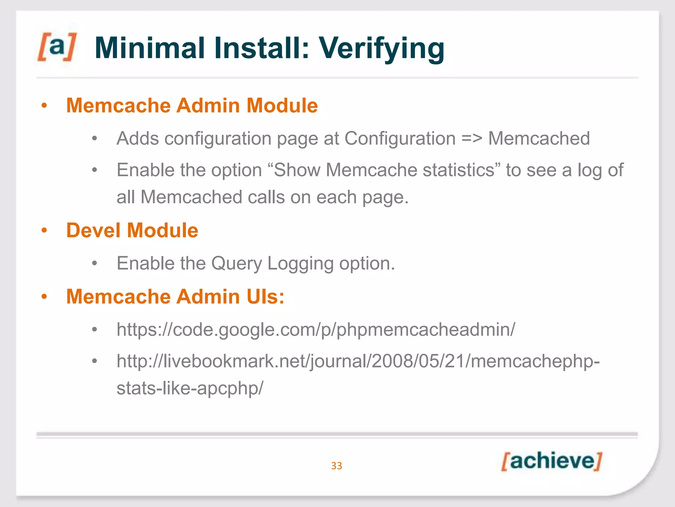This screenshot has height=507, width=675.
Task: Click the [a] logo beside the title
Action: tap(57, 47)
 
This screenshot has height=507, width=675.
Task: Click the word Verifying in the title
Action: tap(381, 49)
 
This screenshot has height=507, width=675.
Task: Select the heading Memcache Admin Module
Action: tap(192, 106)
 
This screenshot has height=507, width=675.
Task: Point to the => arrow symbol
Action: tap(472, 138)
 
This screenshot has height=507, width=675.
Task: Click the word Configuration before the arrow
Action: tap(400, 138)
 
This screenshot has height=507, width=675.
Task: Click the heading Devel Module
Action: tap(132, 230)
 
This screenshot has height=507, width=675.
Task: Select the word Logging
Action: tap(300, 264)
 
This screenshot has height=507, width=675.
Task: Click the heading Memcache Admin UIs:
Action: tap(175, 296)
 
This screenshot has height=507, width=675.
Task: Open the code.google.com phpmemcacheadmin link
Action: tap(315, 329)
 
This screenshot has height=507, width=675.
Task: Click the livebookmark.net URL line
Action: tap(358, 361)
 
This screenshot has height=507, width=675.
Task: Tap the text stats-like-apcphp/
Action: tap(190, 388)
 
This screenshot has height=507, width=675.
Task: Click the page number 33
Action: tap(337, 466)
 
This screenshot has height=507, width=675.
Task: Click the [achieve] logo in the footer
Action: tap(552, 461)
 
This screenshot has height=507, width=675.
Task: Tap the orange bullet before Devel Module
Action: tap(44, 230)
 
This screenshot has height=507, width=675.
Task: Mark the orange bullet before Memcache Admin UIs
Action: tap(44, 296)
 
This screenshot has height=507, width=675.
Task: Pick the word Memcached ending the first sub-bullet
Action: tap(539, 138)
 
